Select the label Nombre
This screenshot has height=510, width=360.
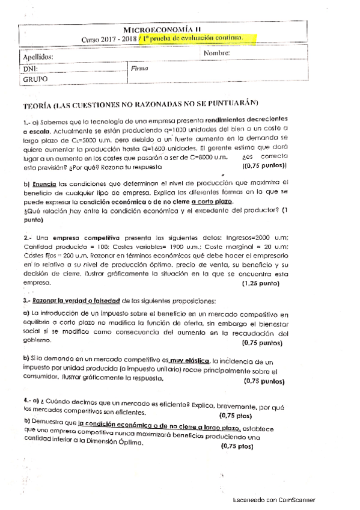pos(217,54)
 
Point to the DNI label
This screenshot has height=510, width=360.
pos(31,69)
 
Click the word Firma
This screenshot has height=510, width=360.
pos(139,69)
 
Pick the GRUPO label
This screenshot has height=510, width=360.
pos(35,79)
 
